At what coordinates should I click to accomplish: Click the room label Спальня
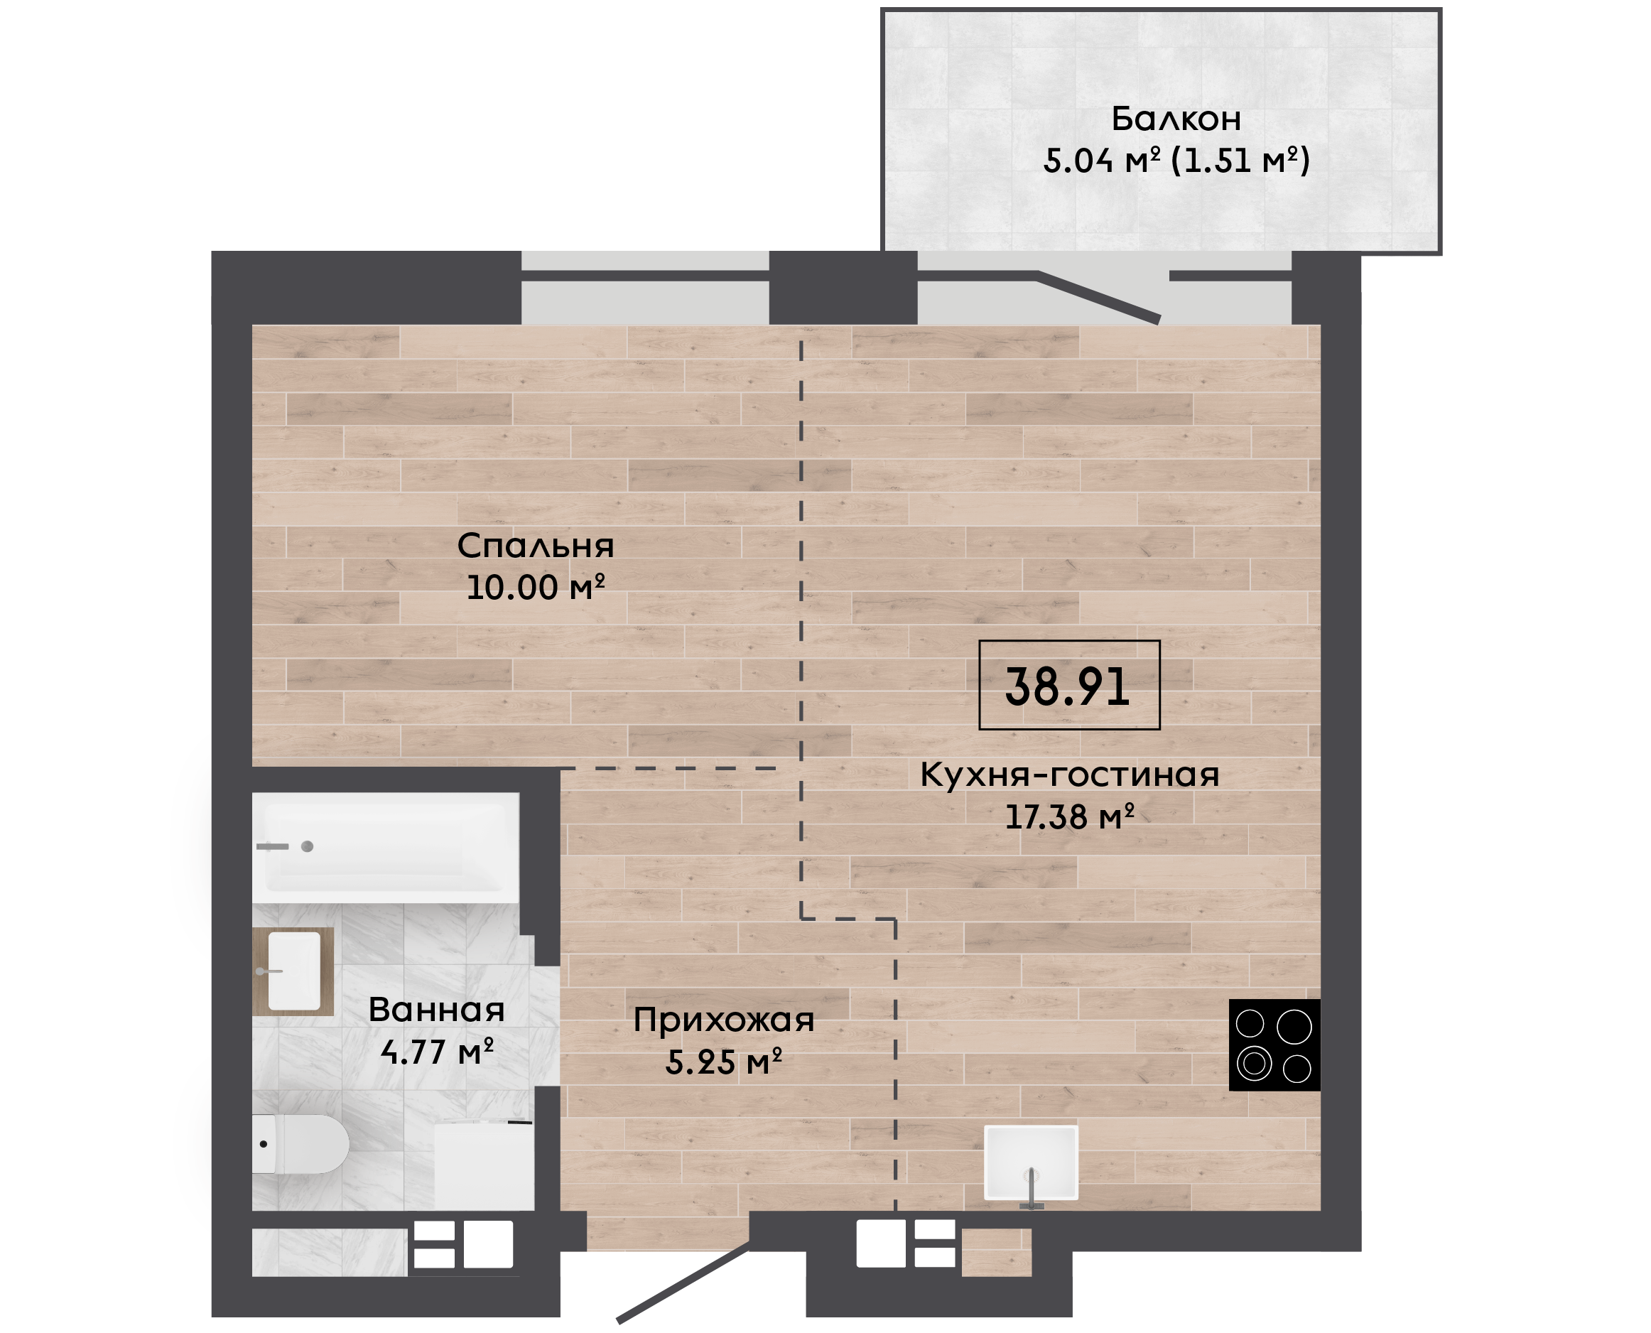click(535, 546)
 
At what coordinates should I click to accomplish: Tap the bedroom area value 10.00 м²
click(535, 588)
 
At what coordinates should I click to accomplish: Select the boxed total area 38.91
click(1068, 685)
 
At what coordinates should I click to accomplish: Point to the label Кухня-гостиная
click(1069, 775)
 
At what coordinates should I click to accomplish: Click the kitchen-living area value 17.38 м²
click(1069, 816)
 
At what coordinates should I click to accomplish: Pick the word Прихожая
click(723, 1020)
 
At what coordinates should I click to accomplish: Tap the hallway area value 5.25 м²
click(723, 1062)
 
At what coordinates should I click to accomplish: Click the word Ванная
click(436, 1010)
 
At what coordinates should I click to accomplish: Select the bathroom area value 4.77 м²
click(436, 1051)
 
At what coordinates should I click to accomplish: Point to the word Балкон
click(1176, 119)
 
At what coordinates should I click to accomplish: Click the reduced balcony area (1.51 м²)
click(1240, 161)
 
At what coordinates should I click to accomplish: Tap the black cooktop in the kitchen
click(1274, 1045)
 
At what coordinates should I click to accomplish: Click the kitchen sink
click(1031, 1162)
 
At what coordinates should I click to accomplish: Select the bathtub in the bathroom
click(385, 848)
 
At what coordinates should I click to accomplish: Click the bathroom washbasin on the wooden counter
click(294, 971)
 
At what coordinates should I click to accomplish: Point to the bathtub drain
click(307, 847)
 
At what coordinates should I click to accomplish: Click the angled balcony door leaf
click(1098, 297)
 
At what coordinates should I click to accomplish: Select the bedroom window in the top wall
click(646, 288)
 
